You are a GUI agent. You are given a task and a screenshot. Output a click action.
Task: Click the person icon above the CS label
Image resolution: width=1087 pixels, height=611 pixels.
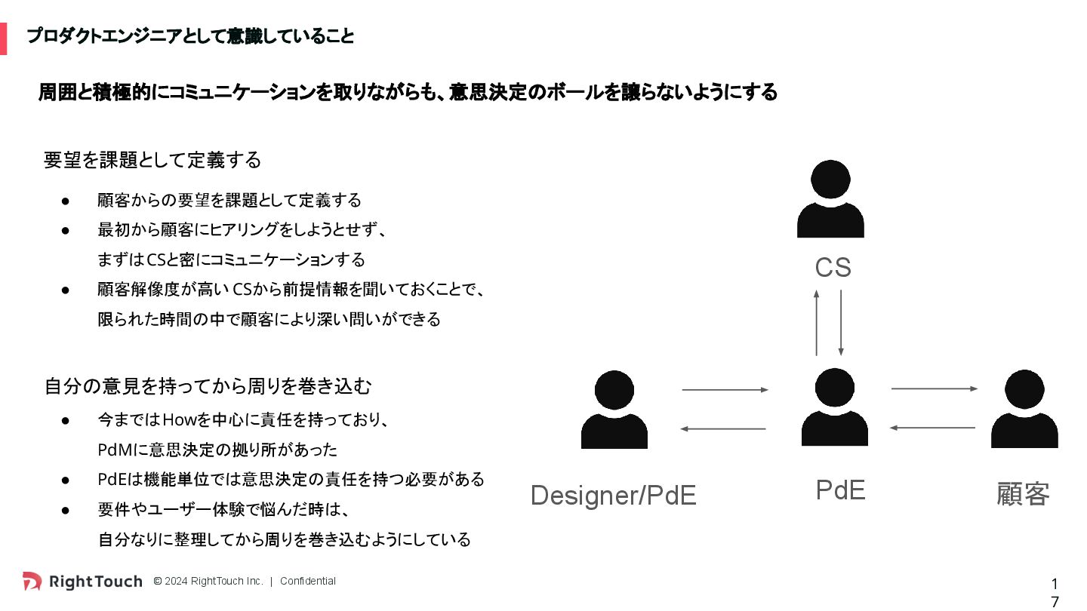[830, 198]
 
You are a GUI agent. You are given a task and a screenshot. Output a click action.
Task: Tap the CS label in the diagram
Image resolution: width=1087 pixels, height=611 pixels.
[833, 268]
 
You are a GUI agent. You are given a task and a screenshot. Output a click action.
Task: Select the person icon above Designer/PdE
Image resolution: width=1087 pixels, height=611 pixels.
[614, 410]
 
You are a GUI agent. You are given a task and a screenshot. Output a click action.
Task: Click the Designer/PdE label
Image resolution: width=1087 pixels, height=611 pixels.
[613, 496]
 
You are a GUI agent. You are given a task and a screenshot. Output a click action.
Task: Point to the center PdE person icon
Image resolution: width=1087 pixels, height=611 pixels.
[834, 407]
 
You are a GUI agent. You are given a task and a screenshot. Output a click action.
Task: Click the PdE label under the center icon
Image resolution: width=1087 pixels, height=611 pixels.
[840, 490]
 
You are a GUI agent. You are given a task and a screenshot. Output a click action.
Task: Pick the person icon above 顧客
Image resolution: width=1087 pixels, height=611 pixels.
[1024, 409]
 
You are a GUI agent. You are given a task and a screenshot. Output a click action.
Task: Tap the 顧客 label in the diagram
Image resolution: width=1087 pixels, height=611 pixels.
[1023, 495]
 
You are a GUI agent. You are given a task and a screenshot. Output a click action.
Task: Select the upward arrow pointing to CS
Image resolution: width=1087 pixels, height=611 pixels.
[816, 322]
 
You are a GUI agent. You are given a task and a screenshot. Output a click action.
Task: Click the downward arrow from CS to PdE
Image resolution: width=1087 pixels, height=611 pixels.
[840, 322]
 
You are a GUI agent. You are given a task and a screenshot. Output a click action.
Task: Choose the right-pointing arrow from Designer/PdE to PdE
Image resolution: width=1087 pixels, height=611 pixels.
[725, 390]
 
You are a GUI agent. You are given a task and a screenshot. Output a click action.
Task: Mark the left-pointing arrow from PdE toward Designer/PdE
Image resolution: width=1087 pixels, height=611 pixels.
[723, 429]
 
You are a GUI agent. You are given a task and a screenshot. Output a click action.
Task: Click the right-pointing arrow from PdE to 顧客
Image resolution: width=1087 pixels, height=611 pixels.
[935, 388]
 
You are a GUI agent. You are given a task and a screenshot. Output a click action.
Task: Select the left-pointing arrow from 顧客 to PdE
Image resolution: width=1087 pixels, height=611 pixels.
[932, 428]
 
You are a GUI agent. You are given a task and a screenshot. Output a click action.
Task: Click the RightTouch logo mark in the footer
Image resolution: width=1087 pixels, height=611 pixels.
[32, 581]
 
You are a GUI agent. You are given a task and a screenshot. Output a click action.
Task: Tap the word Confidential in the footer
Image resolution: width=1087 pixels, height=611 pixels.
[307, 581]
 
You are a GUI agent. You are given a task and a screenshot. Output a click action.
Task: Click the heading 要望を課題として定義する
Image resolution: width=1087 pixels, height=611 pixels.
[152, 160]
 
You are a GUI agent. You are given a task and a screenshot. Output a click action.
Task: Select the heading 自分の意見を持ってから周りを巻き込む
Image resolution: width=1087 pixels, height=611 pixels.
[208, 386]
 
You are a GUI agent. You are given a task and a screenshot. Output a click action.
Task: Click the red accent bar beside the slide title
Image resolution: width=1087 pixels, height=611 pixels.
[3, 38]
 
